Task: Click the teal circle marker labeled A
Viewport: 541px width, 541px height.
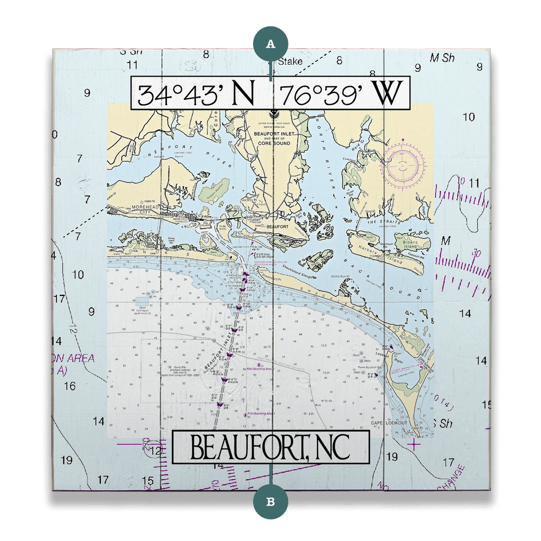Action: [271, 44]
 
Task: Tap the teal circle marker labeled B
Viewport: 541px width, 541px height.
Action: [271, 501]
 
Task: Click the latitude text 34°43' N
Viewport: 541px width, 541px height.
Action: [197, 95]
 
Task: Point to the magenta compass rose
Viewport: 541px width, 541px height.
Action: [403, 165]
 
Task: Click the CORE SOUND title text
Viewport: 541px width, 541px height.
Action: [273, 143]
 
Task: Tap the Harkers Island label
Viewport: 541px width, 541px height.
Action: [385, 256]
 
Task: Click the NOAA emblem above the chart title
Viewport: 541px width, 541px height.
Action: [274, 113]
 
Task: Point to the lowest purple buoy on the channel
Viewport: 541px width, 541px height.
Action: [220, 404]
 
